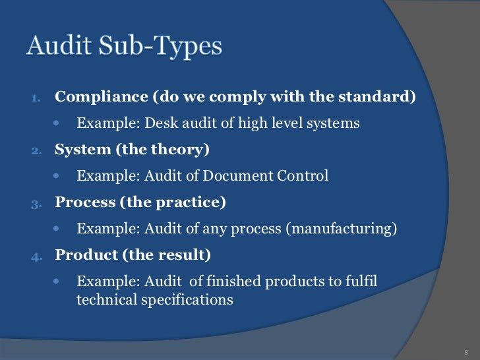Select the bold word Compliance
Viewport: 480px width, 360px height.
coord(101,97)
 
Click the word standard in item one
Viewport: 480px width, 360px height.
coord(382,97)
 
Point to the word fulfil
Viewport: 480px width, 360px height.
coord(361,282)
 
